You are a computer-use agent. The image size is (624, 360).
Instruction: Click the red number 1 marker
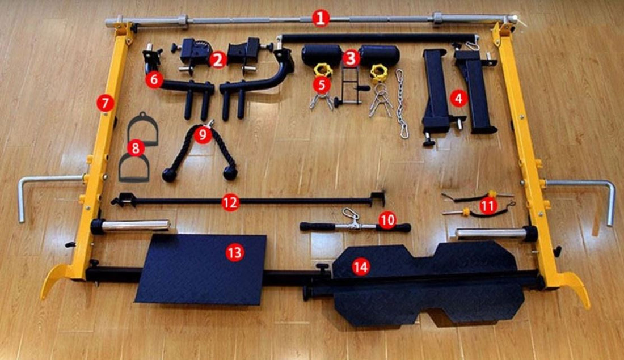[321, 18]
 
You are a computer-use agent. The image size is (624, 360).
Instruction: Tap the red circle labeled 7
[105, 104]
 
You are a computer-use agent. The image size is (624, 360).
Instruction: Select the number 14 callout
[360, 267]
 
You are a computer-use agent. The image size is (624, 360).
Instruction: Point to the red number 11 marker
[488, 206]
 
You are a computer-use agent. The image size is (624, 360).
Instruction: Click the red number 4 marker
[458, 98]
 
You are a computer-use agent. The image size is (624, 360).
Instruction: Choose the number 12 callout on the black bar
[230, 203]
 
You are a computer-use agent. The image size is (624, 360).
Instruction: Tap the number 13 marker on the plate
[235, 252]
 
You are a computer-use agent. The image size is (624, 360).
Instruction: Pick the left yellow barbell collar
[323, 71]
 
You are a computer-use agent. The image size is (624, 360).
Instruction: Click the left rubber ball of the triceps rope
[169, 175]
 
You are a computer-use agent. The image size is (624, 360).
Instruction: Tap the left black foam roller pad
[322, 55]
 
